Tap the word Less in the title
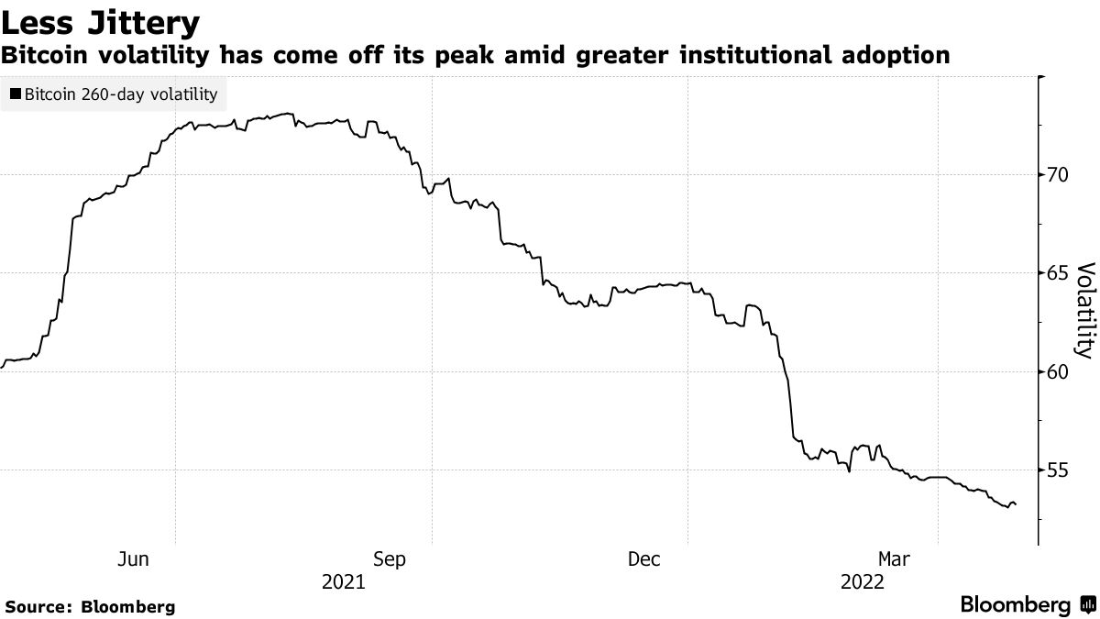pos(39,20)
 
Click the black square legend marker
pos(16,94)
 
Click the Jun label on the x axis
pos(134,558)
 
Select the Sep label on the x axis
pos(390,558)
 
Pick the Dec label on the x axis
pos(645,558)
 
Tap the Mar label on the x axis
pos(896,558)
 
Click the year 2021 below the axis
pos(343,581)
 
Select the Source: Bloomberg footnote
pos(90,606)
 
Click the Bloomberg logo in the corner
pos(1026,604)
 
